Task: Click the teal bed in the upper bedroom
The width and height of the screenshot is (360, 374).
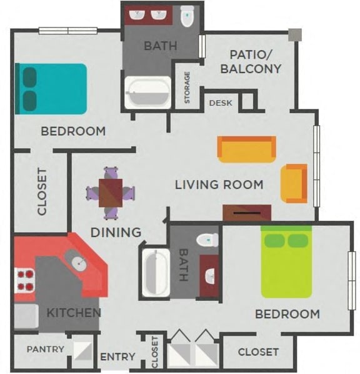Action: tap(52, 88)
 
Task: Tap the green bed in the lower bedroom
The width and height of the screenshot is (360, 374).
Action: tap(286, 263)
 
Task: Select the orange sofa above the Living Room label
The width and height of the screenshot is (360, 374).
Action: tap(246, 149)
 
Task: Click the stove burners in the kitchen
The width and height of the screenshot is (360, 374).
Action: tap(24, 280)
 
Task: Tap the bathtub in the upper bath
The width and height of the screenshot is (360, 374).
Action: tap(147, 93)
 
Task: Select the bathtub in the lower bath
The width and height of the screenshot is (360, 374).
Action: tap(152, 273)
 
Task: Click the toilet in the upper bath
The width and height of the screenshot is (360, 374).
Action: tap(187, 18)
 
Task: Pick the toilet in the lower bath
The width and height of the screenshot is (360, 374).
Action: tap(206, 240)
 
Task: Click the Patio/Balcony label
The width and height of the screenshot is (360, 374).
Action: tap(251, 61)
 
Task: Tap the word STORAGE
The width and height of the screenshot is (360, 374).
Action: tap(187, 88)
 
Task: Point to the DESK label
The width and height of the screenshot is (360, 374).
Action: tap(221, 103)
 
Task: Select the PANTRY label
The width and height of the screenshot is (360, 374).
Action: tap(45, 349)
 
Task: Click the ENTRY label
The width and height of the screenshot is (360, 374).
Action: tap(117, 356)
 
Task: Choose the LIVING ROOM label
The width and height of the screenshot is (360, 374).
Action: tap(219, 184)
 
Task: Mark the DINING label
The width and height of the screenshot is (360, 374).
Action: tap(116, 233)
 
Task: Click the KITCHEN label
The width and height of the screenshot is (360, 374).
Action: tap(73, 311)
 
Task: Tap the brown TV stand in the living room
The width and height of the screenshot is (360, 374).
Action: tap(246, 213)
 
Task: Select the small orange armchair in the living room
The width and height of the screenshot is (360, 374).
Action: tap(294, 183)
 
